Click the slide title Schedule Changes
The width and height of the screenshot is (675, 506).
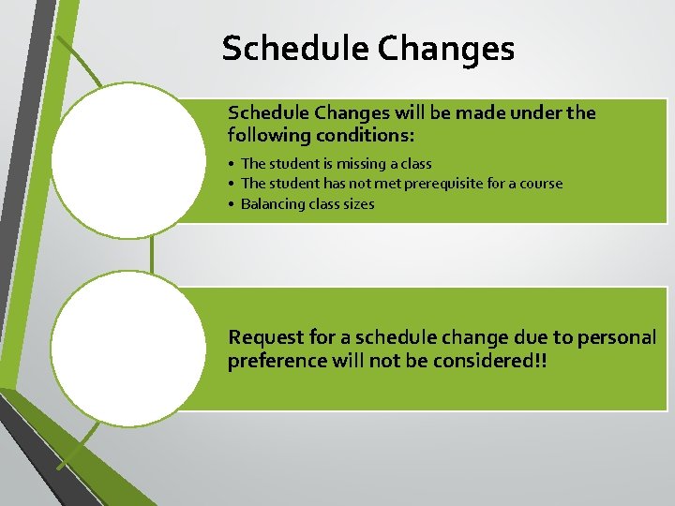click(367, 49)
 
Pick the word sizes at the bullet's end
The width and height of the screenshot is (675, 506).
click(357, 204)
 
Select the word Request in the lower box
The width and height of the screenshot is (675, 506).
click(263, 337)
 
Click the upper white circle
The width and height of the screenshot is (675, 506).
click(127, 160)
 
